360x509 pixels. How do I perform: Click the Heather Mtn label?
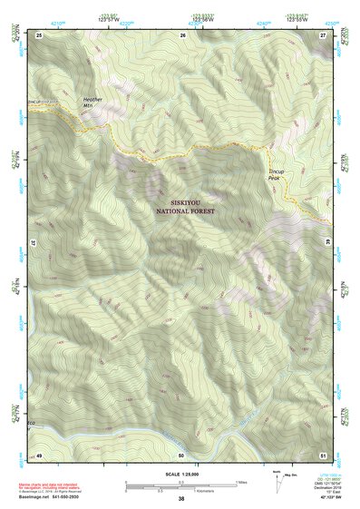pos(93,102)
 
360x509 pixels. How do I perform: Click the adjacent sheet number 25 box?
pos(39,34)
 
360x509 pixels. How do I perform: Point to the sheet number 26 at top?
pos(182,34)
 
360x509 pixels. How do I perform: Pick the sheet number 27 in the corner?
pos(324,34)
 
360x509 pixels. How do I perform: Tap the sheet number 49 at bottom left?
pos(39,454)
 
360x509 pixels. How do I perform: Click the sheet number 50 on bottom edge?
pos(181,454)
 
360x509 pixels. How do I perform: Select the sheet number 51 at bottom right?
pos(324,454)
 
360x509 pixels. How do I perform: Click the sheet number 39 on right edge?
pos(327,243)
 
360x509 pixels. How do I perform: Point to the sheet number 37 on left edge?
pos(35,243)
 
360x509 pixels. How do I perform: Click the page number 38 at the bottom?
pos(181,500)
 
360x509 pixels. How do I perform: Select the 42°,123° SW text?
pos(327,500)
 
